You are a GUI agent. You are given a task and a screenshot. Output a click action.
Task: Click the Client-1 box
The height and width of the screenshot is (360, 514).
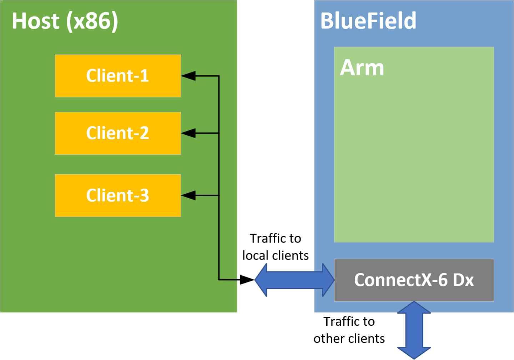pyautogui.click(x=118, y=76)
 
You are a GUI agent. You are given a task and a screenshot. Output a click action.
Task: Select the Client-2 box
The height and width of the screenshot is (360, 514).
pyautogui.click(x=118, y=133)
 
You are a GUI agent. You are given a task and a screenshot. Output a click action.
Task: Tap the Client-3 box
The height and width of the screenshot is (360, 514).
pyautogui.click(x=118, y=195)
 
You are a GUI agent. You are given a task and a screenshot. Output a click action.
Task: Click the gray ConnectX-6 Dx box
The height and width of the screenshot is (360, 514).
pyautogui.click(x=414, y=280)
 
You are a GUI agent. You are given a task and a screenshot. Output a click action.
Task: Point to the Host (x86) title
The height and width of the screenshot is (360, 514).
pyautogui.click(x=65, y=21)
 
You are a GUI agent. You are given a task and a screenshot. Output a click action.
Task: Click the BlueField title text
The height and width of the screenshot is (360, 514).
pyautogui.click(x=368, y=21)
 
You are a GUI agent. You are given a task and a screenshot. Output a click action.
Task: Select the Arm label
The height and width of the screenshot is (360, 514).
pyautogui.click(x=362, y=67)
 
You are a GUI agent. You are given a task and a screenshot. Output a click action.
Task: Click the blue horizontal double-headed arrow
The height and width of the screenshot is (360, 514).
pyautogui.click(x=294, y=280)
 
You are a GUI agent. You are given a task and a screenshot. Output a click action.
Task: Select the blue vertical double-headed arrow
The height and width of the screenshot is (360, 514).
pyautogui.click(x=414, y=330)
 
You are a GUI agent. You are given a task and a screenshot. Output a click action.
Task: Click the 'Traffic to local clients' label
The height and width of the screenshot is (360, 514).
pyautogui.click(x=276, y=247)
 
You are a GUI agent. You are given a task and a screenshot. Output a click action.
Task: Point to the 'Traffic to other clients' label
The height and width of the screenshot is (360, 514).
pyautogui.click(x=349, y=330)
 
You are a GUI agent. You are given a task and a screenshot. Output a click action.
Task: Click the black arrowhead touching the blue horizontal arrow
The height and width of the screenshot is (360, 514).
pyautogui.click(x=247, y=280)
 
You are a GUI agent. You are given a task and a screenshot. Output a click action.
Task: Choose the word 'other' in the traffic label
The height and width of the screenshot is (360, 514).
pyautogui.click(x=329, y=339)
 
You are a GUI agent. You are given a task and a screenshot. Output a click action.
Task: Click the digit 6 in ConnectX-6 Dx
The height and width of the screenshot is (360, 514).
pyautogui.click(x=442, y=280)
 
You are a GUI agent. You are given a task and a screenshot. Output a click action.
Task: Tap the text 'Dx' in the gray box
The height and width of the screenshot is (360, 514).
pyautogui.click(x=463, y=280)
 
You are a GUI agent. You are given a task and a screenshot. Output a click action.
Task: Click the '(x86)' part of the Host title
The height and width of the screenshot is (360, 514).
pyautogui.click(x=92, y=21)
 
